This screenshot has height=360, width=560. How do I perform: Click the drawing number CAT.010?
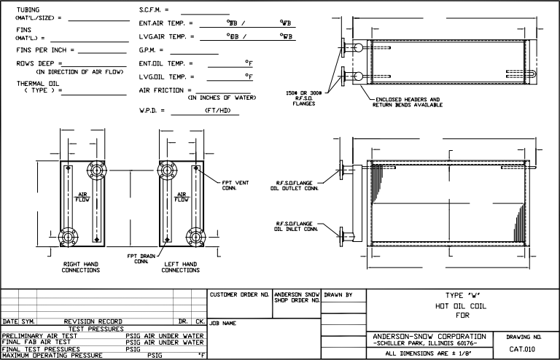pyautogui.click(x=522, y=349)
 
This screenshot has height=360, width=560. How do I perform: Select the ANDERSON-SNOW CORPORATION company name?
pyautogui.click(x=429, y=337)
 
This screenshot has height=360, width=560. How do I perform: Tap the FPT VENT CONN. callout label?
pyautogui.click(x=236, y=185)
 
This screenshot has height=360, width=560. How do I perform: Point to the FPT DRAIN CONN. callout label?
pyautogui.click(x=141, y=259)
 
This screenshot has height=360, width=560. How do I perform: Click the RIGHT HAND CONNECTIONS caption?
pyautogui.click(x=81, y=267)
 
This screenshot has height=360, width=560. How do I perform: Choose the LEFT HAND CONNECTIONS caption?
pyautogui.click(x=180, y=267)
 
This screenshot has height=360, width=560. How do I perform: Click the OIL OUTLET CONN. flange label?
pyautogui.click(x=295, y=186)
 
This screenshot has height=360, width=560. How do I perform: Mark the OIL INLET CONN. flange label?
pyautogui.click(x=296, y=226)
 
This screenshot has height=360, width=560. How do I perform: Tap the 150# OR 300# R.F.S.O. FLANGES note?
pyautogui.click(x=303, y=98)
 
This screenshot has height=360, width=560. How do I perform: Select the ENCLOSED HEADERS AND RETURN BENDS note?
pyautogui.click(x=408, y=102)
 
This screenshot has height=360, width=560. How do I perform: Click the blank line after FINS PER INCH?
pyautogui.click(x=102, y=53)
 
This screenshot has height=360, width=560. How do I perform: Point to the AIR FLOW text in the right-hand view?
pyautogui.click(x=82, y=197)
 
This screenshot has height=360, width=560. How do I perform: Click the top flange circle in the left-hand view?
pyautogui.click(x=167, y=170)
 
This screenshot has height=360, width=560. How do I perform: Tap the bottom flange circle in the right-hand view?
pyautogui.click(x=68, y=237)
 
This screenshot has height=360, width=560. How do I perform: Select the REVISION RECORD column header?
pyautogui.click(x=93, y=321)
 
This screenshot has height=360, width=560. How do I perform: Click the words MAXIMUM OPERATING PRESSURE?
pyautogui.click(x=52, y=356)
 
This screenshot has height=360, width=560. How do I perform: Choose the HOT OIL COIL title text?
pyautogui.click(x=460, y=306)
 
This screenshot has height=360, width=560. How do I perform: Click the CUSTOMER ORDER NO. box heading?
pyautogui.click(x=239, y=294)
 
